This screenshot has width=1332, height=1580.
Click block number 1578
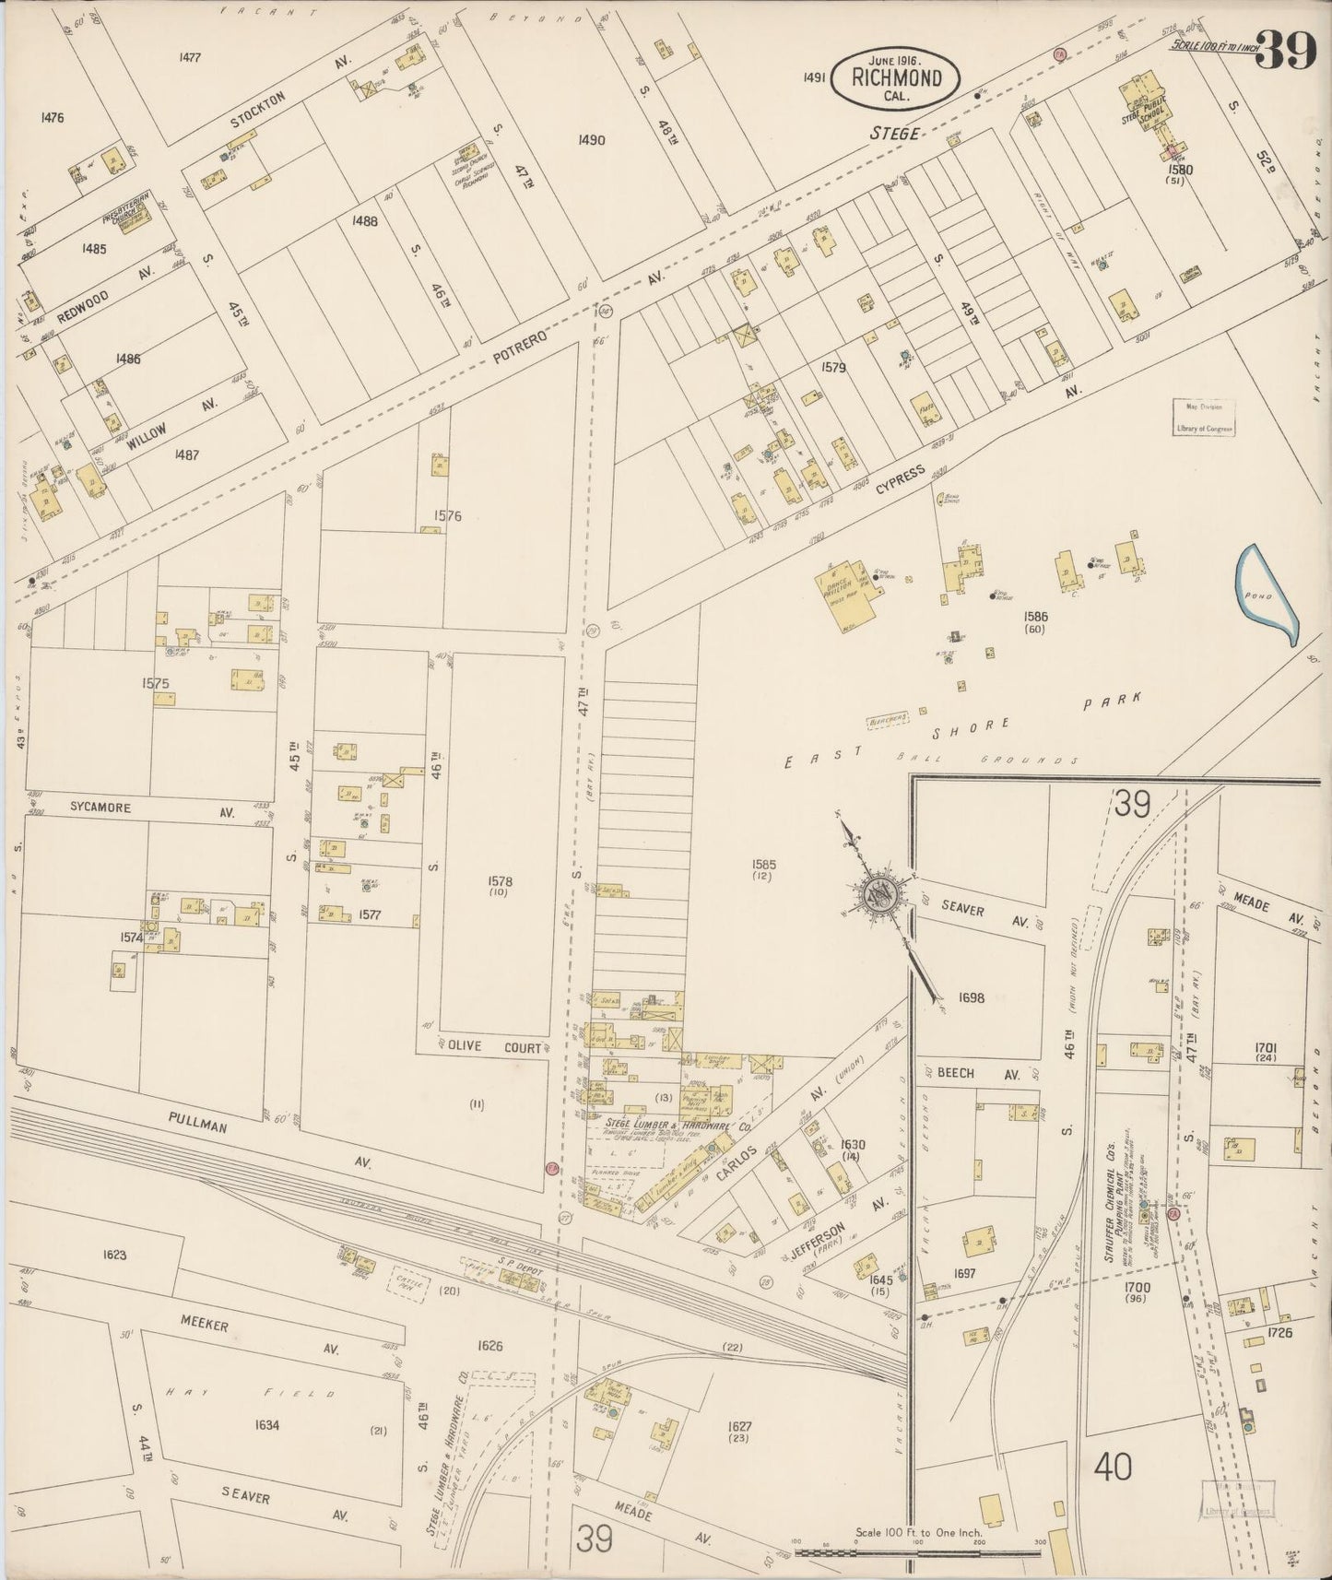501,881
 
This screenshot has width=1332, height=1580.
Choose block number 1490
591,140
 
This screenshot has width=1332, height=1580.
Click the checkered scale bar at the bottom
917,1553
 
